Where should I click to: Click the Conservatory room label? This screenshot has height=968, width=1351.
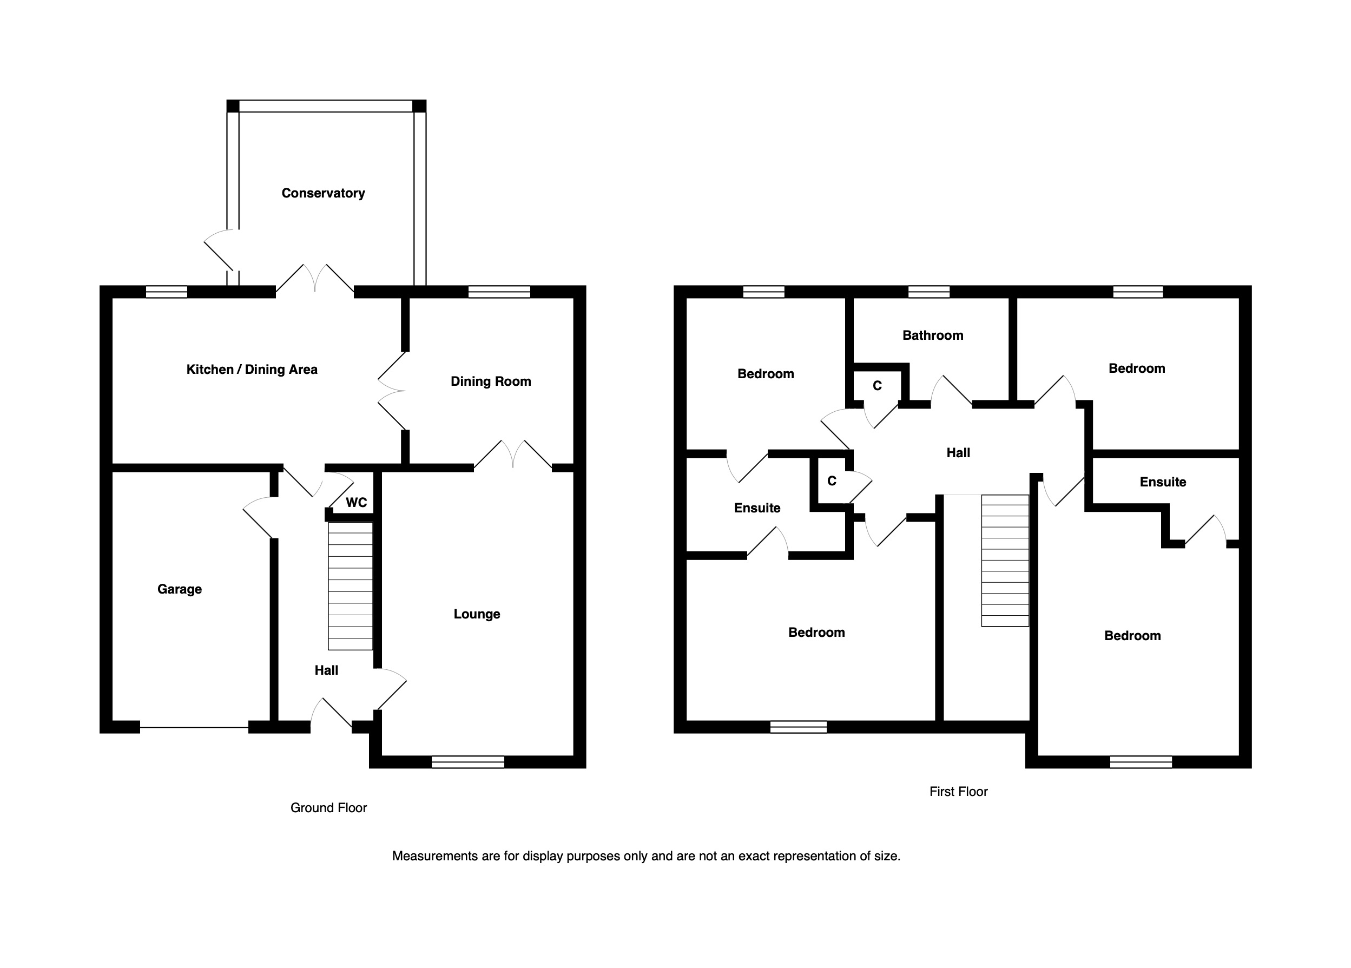click(x=323, y=193)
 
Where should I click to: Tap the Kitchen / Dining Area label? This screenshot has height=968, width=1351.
click(x=252, y=370)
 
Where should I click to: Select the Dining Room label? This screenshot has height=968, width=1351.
click(x=491, y=381)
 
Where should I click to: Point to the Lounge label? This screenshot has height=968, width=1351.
click(x=477, y=614)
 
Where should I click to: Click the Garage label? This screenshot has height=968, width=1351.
click(x=179, y=589)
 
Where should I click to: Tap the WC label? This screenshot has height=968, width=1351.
click(x=356, y=502)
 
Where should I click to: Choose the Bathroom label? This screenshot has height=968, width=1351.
click(x=933, y=335)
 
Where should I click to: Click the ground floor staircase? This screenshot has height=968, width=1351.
click(x=350, y=586)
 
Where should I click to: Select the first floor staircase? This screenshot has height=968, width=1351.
click(x=1005, y=561)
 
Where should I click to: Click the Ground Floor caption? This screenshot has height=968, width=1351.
click(x=328, y=808)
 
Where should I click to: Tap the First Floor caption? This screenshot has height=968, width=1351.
click(x=958, y=792)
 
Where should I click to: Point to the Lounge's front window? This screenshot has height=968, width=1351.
click(x=467, y=762)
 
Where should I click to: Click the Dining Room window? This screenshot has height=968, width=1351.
click(x=499, y=292)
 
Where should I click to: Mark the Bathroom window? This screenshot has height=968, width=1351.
click(x=928, y=292)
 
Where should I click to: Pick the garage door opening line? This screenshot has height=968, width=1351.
click(x=194, y=727)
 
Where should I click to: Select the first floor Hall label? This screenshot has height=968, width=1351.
click(x=958, y=453)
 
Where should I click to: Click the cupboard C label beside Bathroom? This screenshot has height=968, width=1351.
click(x=877, y=386)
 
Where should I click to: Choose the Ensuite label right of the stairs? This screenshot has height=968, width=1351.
click(x=1163, y=482)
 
